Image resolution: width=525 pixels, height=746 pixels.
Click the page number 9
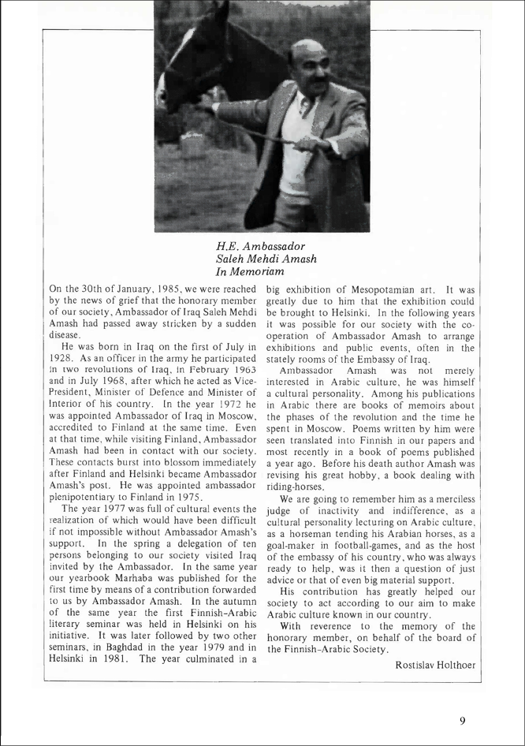[x=463, y=719]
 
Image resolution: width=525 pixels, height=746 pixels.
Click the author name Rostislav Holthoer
[x=435, y=665]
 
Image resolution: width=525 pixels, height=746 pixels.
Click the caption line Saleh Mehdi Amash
[x=266, y=259]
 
